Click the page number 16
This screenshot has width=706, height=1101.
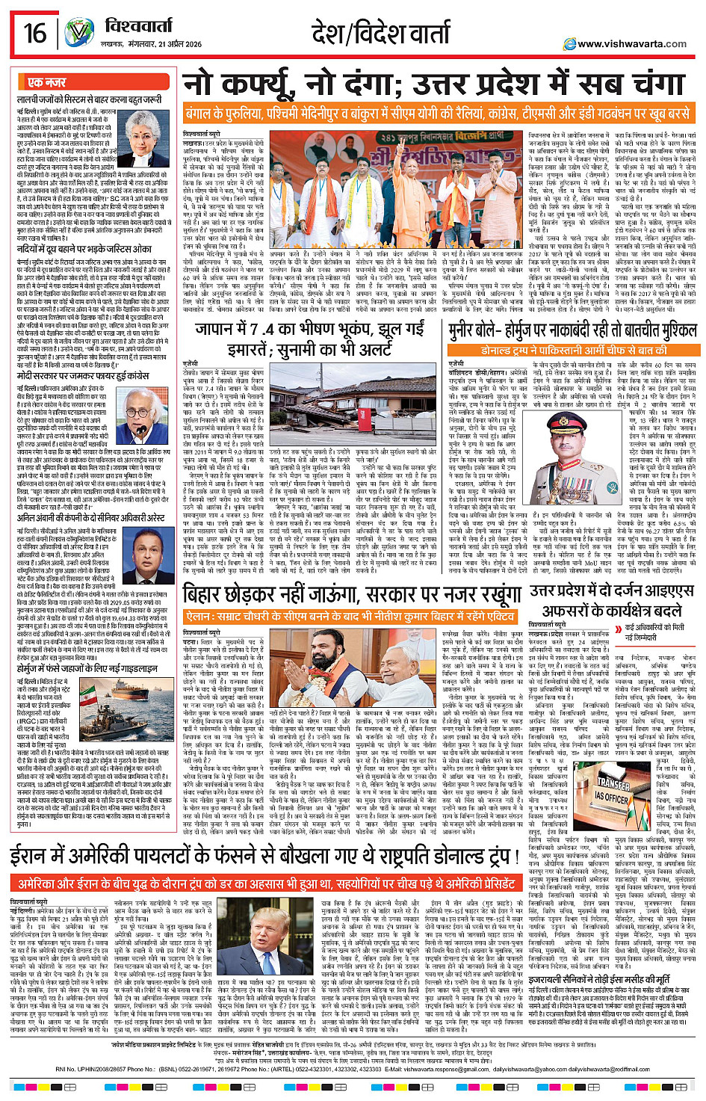(34, 33)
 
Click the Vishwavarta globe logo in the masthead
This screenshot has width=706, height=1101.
(79, 33)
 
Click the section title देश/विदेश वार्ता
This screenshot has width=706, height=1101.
(385, 34)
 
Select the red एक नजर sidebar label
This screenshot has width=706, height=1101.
(46, 82)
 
